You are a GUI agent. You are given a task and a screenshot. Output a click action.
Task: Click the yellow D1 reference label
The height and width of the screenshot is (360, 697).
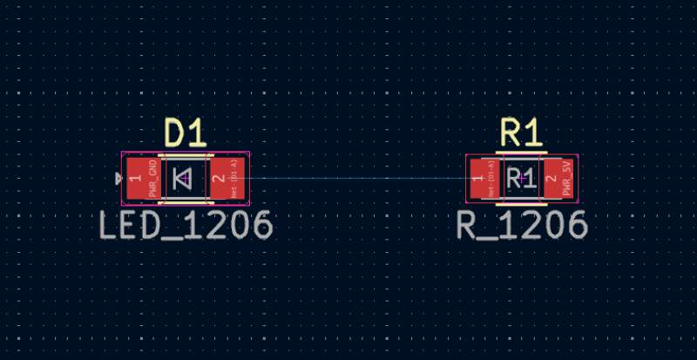pos(186,133)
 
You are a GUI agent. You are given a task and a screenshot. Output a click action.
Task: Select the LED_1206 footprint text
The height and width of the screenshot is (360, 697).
pos(186,226)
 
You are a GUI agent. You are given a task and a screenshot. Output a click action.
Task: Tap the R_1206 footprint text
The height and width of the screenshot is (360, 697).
pos(522,226)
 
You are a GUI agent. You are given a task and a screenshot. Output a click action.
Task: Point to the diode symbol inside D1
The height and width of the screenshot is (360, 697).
pos(183,179)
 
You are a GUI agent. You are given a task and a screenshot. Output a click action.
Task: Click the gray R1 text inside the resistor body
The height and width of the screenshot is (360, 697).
pos(521,180)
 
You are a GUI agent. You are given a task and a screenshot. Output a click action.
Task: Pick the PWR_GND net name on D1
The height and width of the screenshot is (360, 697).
pos(152,178)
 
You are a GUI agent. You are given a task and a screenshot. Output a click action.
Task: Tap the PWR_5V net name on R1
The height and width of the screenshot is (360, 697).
pos(566,178)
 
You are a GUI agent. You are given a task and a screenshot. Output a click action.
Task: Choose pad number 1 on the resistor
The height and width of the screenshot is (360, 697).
pos(477,179)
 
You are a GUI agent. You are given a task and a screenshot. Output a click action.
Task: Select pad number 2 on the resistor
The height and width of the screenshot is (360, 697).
pos(551,179)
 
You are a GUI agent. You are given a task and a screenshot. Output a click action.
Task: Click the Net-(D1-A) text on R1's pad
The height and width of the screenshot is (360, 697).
pos(491,178)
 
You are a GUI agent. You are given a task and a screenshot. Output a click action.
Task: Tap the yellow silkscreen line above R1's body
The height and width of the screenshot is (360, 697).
pos(521,153)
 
